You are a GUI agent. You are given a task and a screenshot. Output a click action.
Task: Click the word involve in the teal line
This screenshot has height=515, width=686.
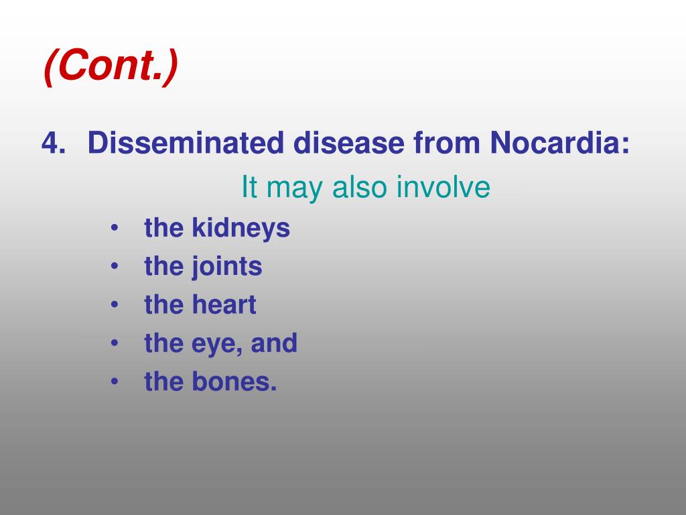(443, 188)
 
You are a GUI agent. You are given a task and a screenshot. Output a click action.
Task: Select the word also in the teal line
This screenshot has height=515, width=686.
(360, 188)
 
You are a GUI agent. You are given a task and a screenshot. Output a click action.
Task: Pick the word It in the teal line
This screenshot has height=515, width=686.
(249, 188)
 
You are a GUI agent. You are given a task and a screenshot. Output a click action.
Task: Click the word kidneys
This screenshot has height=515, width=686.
(241, 229)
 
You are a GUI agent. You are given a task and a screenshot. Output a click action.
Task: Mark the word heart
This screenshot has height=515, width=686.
(224, 305)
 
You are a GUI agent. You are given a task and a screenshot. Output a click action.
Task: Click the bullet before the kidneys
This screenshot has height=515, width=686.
(115, 229)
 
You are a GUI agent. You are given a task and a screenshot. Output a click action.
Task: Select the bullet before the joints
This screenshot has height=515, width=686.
(115, 267)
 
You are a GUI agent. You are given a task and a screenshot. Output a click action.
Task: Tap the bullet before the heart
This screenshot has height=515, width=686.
(115, 305)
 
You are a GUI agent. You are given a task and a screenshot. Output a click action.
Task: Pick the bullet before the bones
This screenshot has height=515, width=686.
(115, 382)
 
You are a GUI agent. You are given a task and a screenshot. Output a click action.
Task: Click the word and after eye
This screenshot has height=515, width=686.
(274, 343)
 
